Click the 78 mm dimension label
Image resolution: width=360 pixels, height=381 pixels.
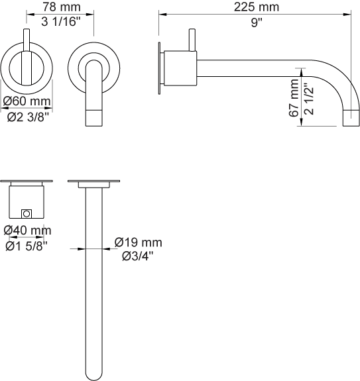point(62,7)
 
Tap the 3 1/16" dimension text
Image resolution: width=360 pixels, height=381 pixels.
point(61,22)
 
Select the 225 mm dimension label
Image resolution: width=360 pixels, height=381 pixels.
point(257,7)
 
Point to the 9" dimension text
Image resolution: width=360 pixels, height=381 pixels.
point(257,23)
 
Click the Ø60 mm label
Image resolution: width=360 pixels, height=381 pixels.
point(27,101)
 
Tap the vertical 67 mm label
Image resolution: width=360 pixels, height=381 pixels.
point(294,97)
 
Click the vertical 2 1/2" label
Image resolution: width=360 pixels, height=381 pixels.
point(310,99)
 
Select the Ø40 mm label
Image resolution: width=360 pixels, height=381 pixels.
point(27,231)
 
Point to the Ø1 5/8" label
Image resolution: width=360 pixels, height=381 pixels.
point(27,246)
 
